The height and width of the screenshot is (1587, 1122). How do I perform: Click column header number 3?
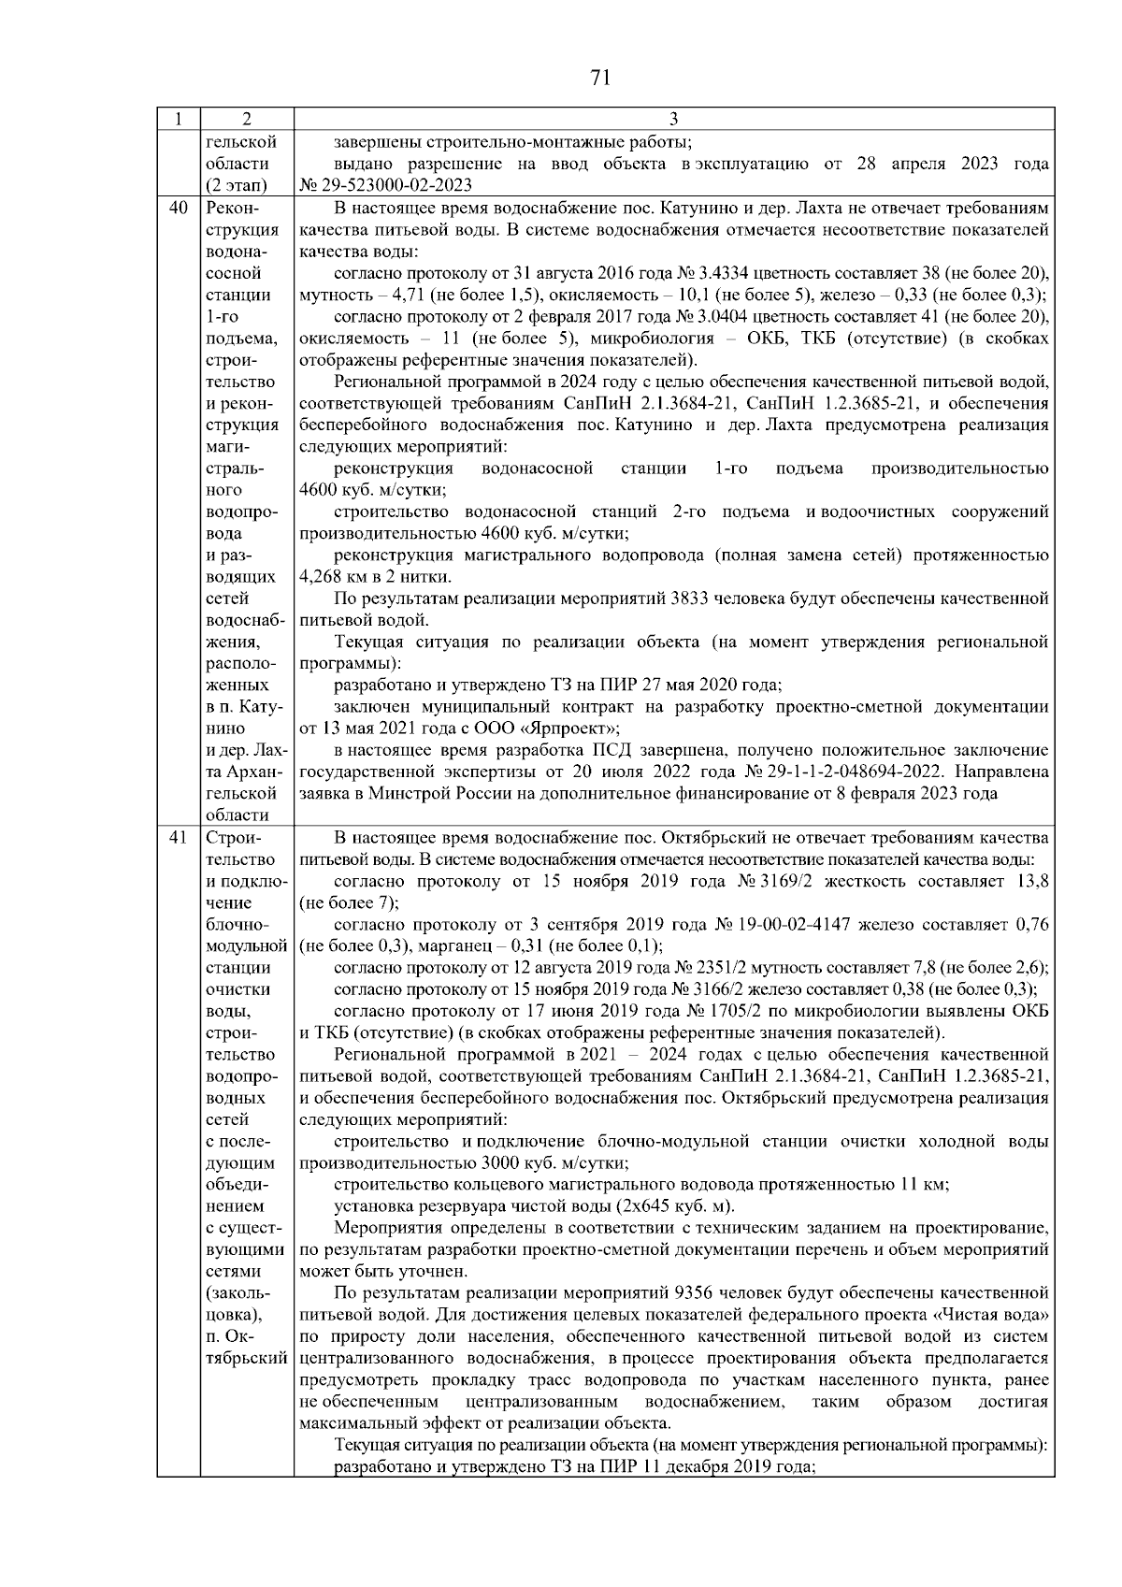click(674, 119)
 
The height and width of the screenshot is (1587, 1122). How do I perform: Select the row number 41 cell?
click(178, 837)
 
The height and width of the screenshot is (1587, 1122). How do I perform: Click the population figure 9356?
click(693, 1293)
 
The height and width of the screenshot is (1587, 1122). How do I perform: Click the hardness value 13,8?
click(1030, 881)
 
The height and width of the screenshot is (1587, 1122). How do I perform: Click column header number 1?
click(178, 119)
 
